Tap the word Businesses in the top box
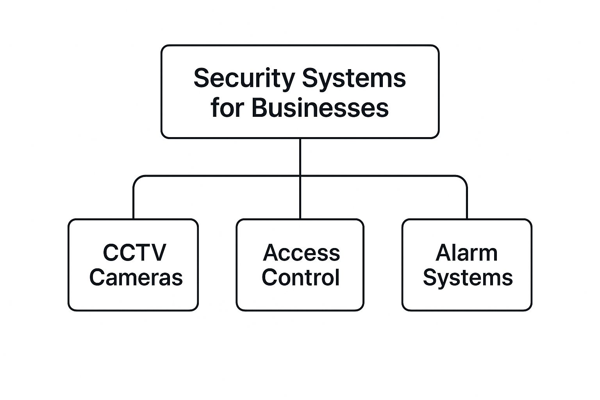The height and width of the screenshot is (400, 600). click(x=320, y=108)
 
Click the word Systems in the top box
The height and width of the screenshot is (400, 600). click(x=354, y=78)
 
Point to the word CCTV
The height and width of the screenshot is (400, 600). click(x=134, y=253)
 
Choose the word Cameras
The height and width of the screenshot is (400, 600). click(x=136, y=277)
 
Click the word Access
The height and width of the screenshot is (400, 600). click(x=301, y=253)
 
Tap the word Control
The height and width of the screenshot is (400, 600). click(x=300, y=277)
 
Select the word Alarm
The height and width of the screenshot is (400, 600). click(x=466, y=253)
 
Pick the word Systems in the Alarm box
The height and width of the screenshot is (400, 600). click(x=468, y=277)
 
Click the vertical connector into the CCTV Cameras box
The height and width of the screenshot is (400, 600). click(x=134, y=203)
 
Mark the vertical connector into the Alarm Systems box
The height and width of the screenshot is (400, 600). click(x=467, y=203)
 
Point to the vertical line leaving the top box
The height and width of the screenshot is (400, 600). click(x=300, y=156)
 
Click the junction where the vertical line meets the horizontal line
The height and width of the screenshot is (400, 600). click(x=300, y=176)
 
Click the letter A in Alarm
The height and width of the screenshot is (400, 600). click(x=443, y=253)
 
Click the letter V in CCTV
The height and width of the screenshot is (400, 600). click(x=158, y=253)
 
